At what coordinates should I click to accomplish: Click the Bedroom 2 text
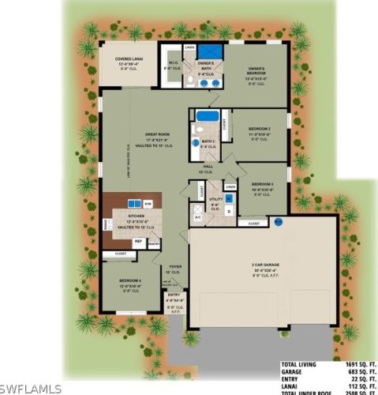pyautogui.click(x=260, y=129)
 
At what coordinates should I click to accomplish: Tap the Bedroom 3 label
pyautogui.click(x=262, y=186)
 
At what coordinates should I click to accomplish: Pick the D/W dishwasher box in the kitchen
pyautogui.click(x=148, y=204)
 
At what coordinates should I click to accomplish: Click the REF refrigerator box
pyautogui.click(x=138, y=241)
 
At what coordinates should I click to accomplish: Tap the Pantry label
pyautogui.click(x=153, y=244)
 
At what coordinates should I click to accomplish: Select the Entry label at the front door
pyautogui.click(x=174, y=296)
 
